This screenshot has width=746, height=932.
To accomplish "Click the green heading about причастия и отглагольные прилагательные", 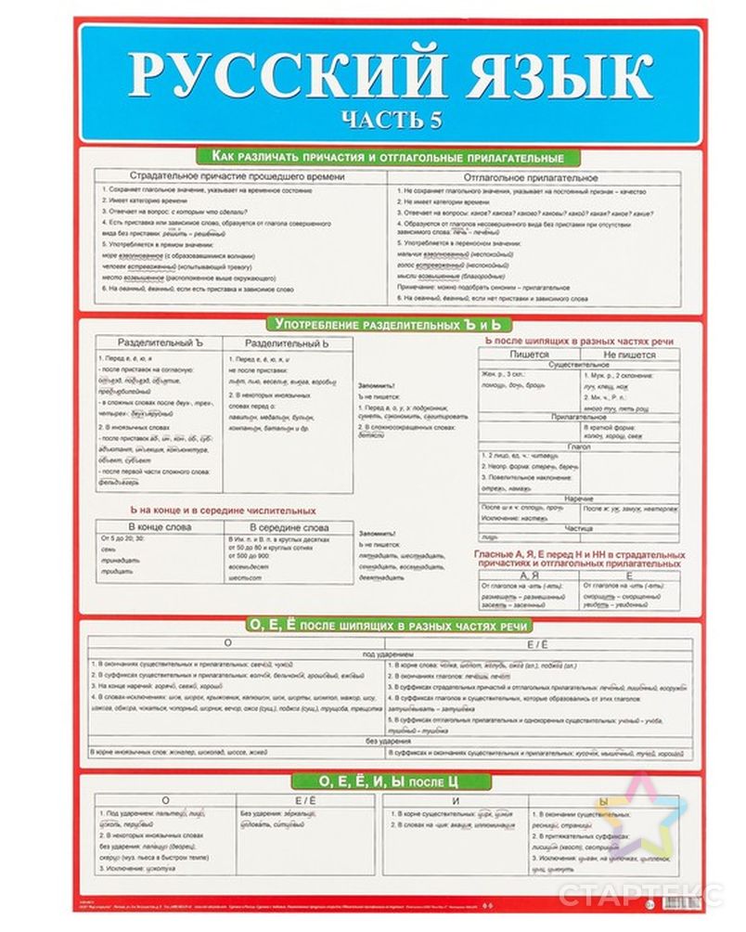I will pos(387,158).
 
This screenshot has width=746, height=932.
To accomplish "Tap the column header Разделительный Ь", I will pos(278,343).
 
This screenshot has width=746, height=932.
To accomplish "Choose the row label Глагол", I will pos(578,446).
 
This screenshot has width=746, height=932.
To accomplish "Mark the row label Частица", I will pos(578,526).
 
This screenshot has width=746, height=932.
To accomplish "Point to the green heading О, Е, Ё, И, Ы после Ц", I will pos(389,778).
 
